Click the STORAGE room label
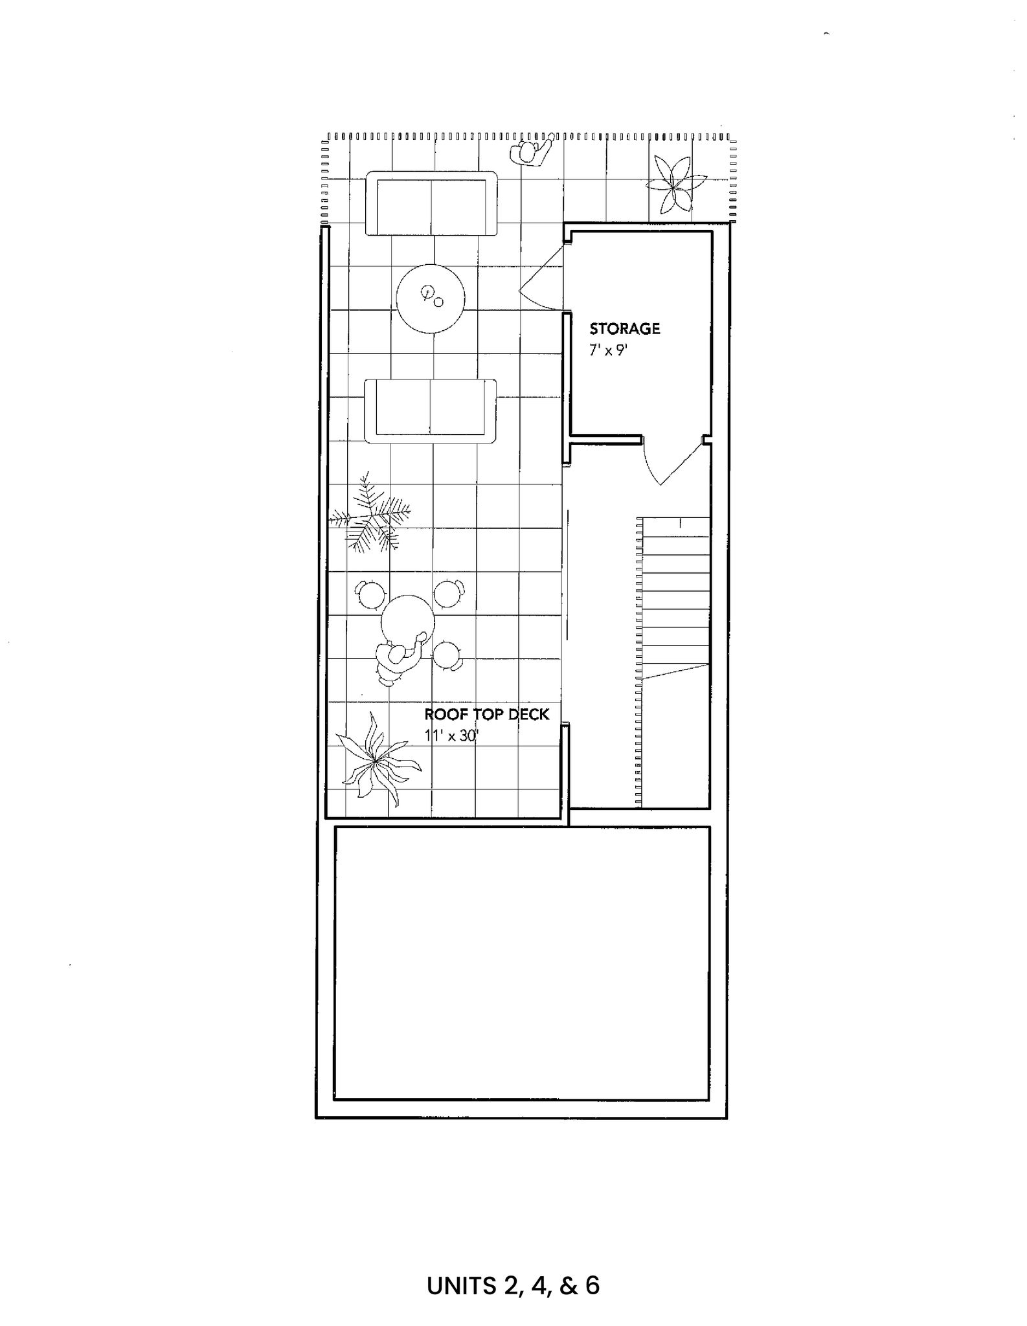(x=624, y=328)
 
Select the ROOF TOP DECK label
(x=487, y=714)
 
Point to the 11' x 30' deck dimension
(x=451, y=736)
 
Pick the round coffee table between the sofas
(x=431, y=298)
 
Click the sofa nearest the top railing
(x=431, y=203)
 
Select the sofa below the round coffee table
(x=431, y=411)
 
